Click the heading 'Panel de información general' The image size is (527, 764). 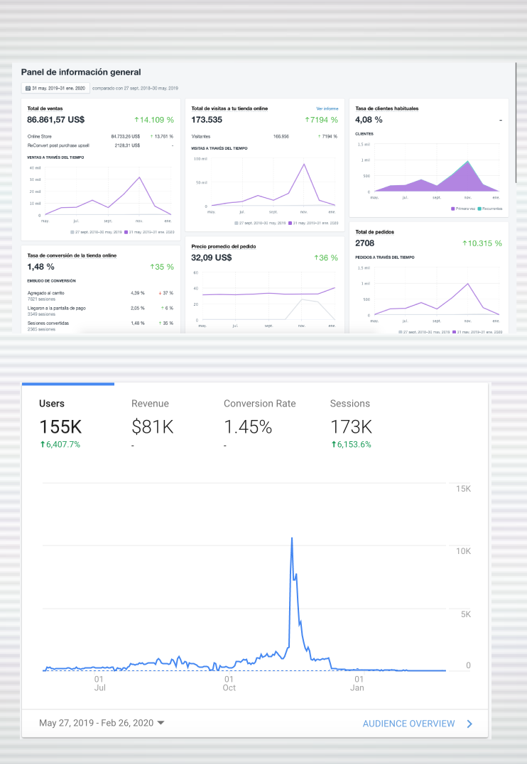(x=81, y=72)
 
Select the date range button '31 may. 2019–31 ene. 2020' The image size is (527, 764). (x=55, y=88)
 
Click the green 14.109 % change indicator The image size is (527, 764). (x=154, y=120)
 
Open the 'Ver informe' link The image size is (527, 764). (x=327, y=109)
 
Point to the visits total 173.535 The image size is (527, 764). (x=207, y=120)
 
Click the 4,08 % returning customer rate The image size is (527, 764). (x=369, y=120)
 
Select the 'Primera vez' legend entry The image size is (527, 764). (x=464, y=209)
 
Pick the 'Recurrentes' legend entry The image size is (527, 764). (x=491, y=209)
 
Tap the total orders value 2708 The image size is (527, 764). (x=365, y=243)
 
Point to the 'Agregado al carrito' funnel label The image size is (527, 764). (x=46, y=292)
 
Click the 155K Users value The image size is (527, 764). (x=60, y=427)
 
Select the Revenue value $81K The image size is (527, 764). (x=153, y=427)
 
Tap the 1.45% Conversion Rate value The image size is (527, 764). (x=248, y=427)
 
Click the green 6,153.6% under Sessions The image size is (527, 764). (x=351, y=445)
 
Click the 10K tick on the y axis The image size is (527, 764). (x=463, y=551)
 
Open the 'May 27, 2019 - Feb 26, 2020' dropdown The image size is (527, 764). (x=102, y=723)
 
